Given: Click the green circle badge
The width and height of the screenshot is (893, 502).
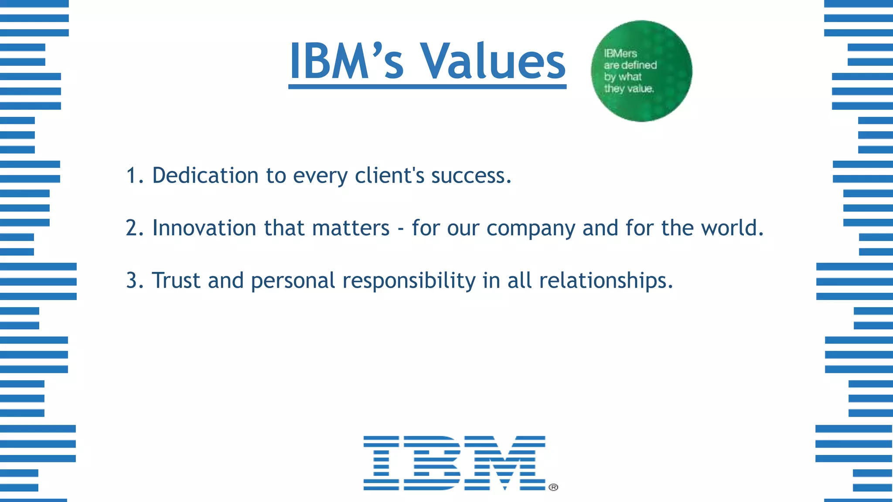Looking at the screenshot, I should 641,71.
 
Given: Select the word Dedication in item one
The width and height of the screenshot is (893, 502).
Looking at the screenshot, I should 205,176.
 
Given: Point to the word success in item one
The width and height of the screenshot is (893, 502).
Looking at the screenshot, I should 471,176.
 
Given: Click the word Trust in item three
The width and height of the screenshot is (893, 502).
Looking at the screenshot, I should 176,280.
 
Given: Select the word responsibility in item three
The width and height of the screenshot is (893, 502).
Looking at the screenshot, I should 409,281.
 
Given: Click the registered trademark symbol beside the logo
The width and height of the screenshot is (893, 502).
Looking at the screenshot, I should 553,487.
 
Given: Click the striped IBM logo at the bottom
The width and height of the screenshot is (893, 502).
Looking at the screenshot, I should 454,463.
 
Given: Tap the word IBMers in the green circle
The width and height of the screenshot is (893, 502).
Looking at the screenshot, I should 620,54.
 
